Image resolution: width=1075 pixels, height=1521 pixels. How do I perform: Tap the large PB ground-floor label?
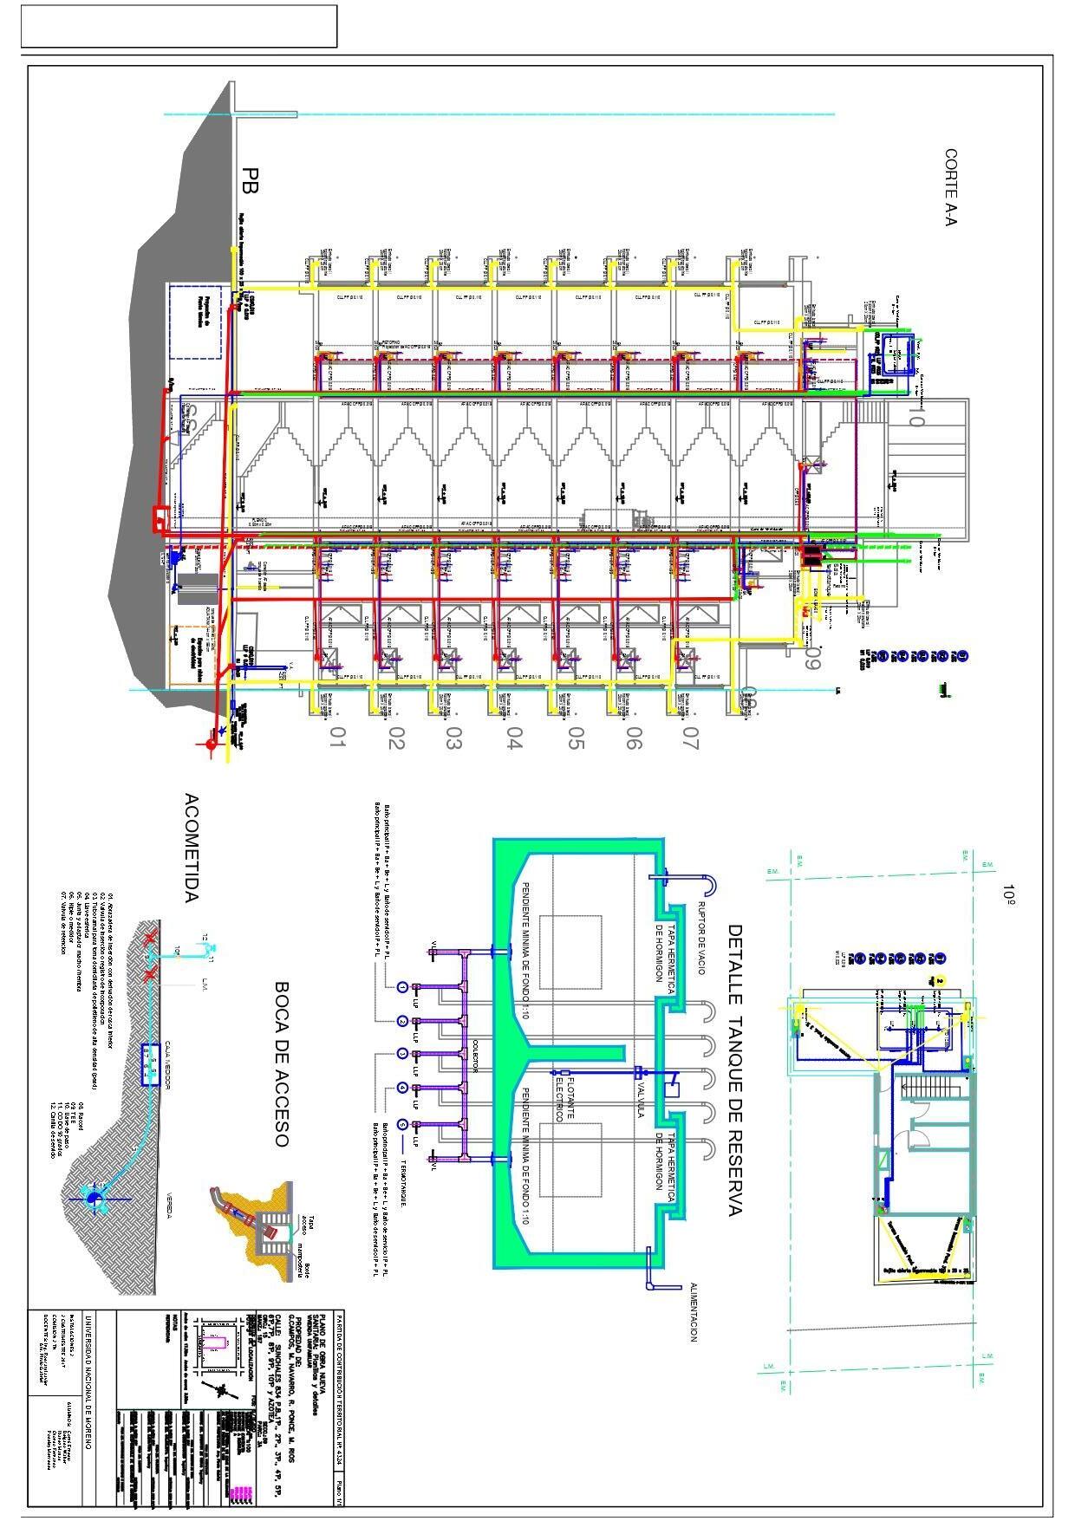click(x=251, y=179)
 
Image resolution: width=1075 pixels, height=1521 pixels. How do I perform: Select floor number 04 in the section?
click(x=514, y=738)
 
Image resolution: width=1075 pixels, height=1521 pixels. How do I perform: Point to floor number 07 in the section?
click(x=691, y=738)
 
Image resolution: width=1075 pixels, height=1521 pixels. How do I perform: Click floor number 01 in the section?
click(x=337, y=738)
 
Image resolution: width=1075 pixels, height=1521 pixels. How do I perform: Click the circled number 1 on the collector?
click(x=402, y=987)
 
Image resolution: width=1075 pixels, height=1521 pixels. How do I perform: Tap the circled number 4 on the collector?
click(x=402, y=1088)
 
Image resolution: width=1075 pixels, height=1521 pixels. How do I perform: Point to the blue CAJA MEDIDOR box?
click(x=148, y=1065)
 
